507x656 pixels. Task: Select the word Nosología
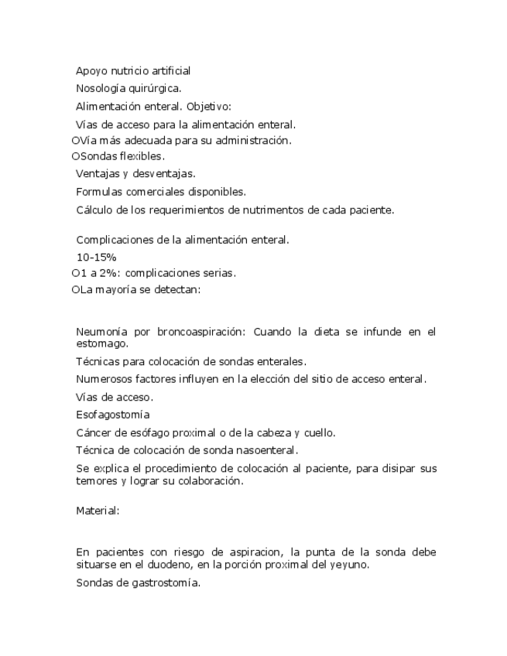[102, 89]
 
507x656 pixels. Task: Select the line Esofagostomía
[113, 415]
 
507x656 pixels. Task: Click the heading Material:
[98, 511]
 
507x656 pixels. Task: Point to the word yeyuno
[350, 565]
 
